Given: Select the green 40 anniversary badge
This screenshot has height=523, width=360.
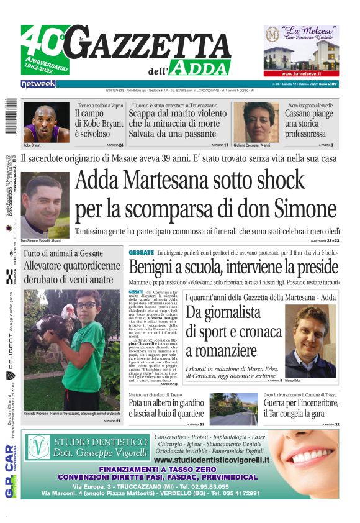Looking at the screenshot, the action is pyautogui.click(x=43, y=50).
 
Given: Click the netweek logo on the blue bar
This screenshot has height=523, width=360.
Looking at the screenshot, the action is pyautogui.click(x=38, y=83).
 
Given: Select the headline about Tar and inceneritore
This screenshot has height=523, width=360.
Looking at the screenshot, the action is pyautogui.click(x=300, y=410).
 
